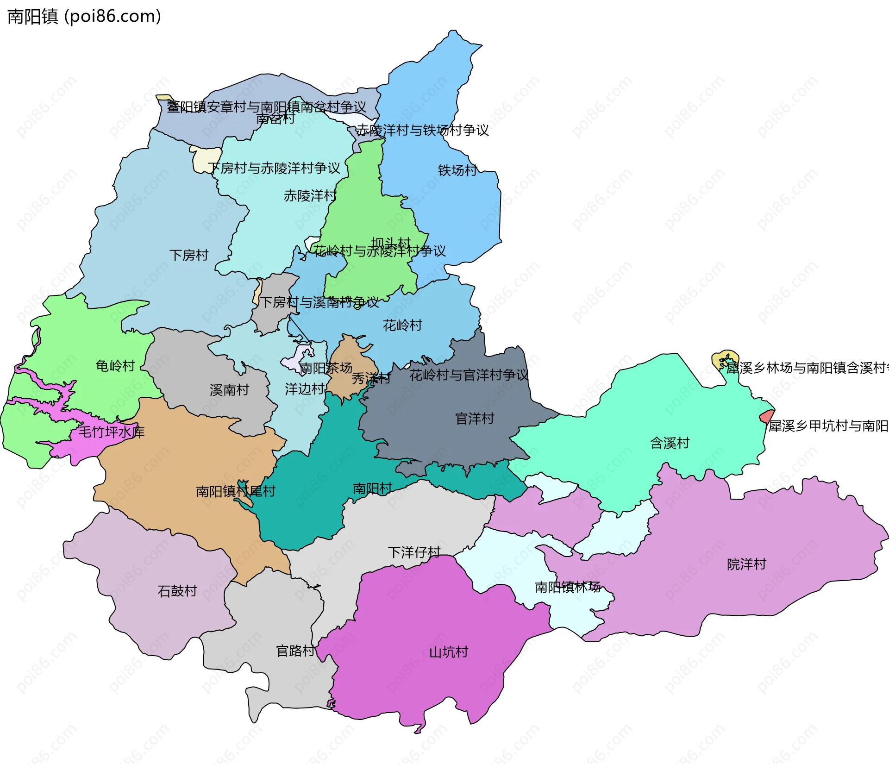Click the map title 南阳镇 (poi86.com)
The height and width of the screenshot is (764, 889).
[x=84, y=17]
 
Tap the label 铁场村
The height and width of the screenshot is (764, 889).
[x=457, y=170]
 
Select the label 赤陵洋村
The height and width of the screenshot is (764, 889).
[x=310, y=196]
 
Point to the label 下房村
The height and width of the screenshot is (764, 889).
[x=189, y=255]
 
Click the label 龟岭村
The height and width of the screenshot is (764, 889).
[x=115, y=366]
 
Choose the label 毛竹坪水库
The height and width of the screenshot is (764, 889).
[x=112, y=432]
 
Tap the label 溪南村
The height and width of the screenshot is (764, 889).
[x=229, y=390]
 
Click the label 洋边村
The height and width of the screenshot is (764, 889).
[x=304, y=389]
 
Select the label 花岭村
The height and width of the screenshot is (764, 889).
[x=402, y=326]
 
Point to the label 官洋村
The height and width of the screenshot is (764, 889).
[x=475, y=419]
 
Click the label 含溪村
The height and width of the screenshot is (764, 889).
[x=670, y=443]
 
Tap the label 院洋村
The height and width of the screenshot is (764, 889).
[x=746, y=564]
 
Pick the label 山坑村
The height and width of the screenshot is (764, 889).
[x=449, y=652]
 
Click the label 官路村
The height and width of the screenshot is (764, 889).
[x=295, y=651]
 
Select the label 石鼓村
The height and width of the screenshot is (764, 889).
[x=177, y=591]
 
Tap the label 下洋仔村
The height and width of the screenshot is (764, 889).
[x=414, y=552]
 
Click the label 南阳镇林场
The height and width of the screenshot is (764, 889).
[x=567, y=587]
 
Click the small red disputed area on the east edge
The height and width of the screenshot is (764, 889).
[x=766, y=416]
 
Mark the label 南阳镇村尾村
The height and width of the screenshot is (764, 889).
[x=236, y=491]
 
